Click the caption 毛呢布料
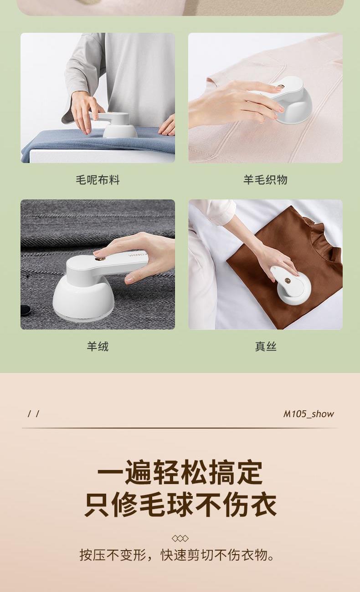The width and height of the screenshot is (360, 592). (x=98, y=180)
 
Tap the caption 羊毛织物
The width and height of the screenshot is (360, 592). (x=265, y=180)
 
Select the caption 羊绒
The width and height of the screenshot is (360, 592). (x=98, y=346)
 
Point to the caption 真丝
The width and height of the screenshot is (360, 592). (x=266, y=346)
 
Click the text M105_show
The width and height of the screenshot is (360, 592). (x=309, y=414)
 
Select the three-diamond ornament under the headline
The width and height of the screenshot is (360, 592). (x=180, y=538)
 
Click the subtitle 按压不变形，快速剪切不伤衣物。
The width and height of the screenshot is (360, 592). (x=177, y=555)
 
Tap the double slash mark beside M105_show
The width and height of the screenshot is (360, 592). (x=34, y=414)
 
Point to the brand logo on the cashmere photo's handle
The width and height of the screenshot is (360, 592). (x=137, y=254)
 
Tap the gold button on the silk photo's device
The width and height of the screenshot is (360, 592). (x=287, y=279)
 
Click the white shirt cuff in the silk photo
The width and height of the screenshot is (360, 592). (x=221, y=212)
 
